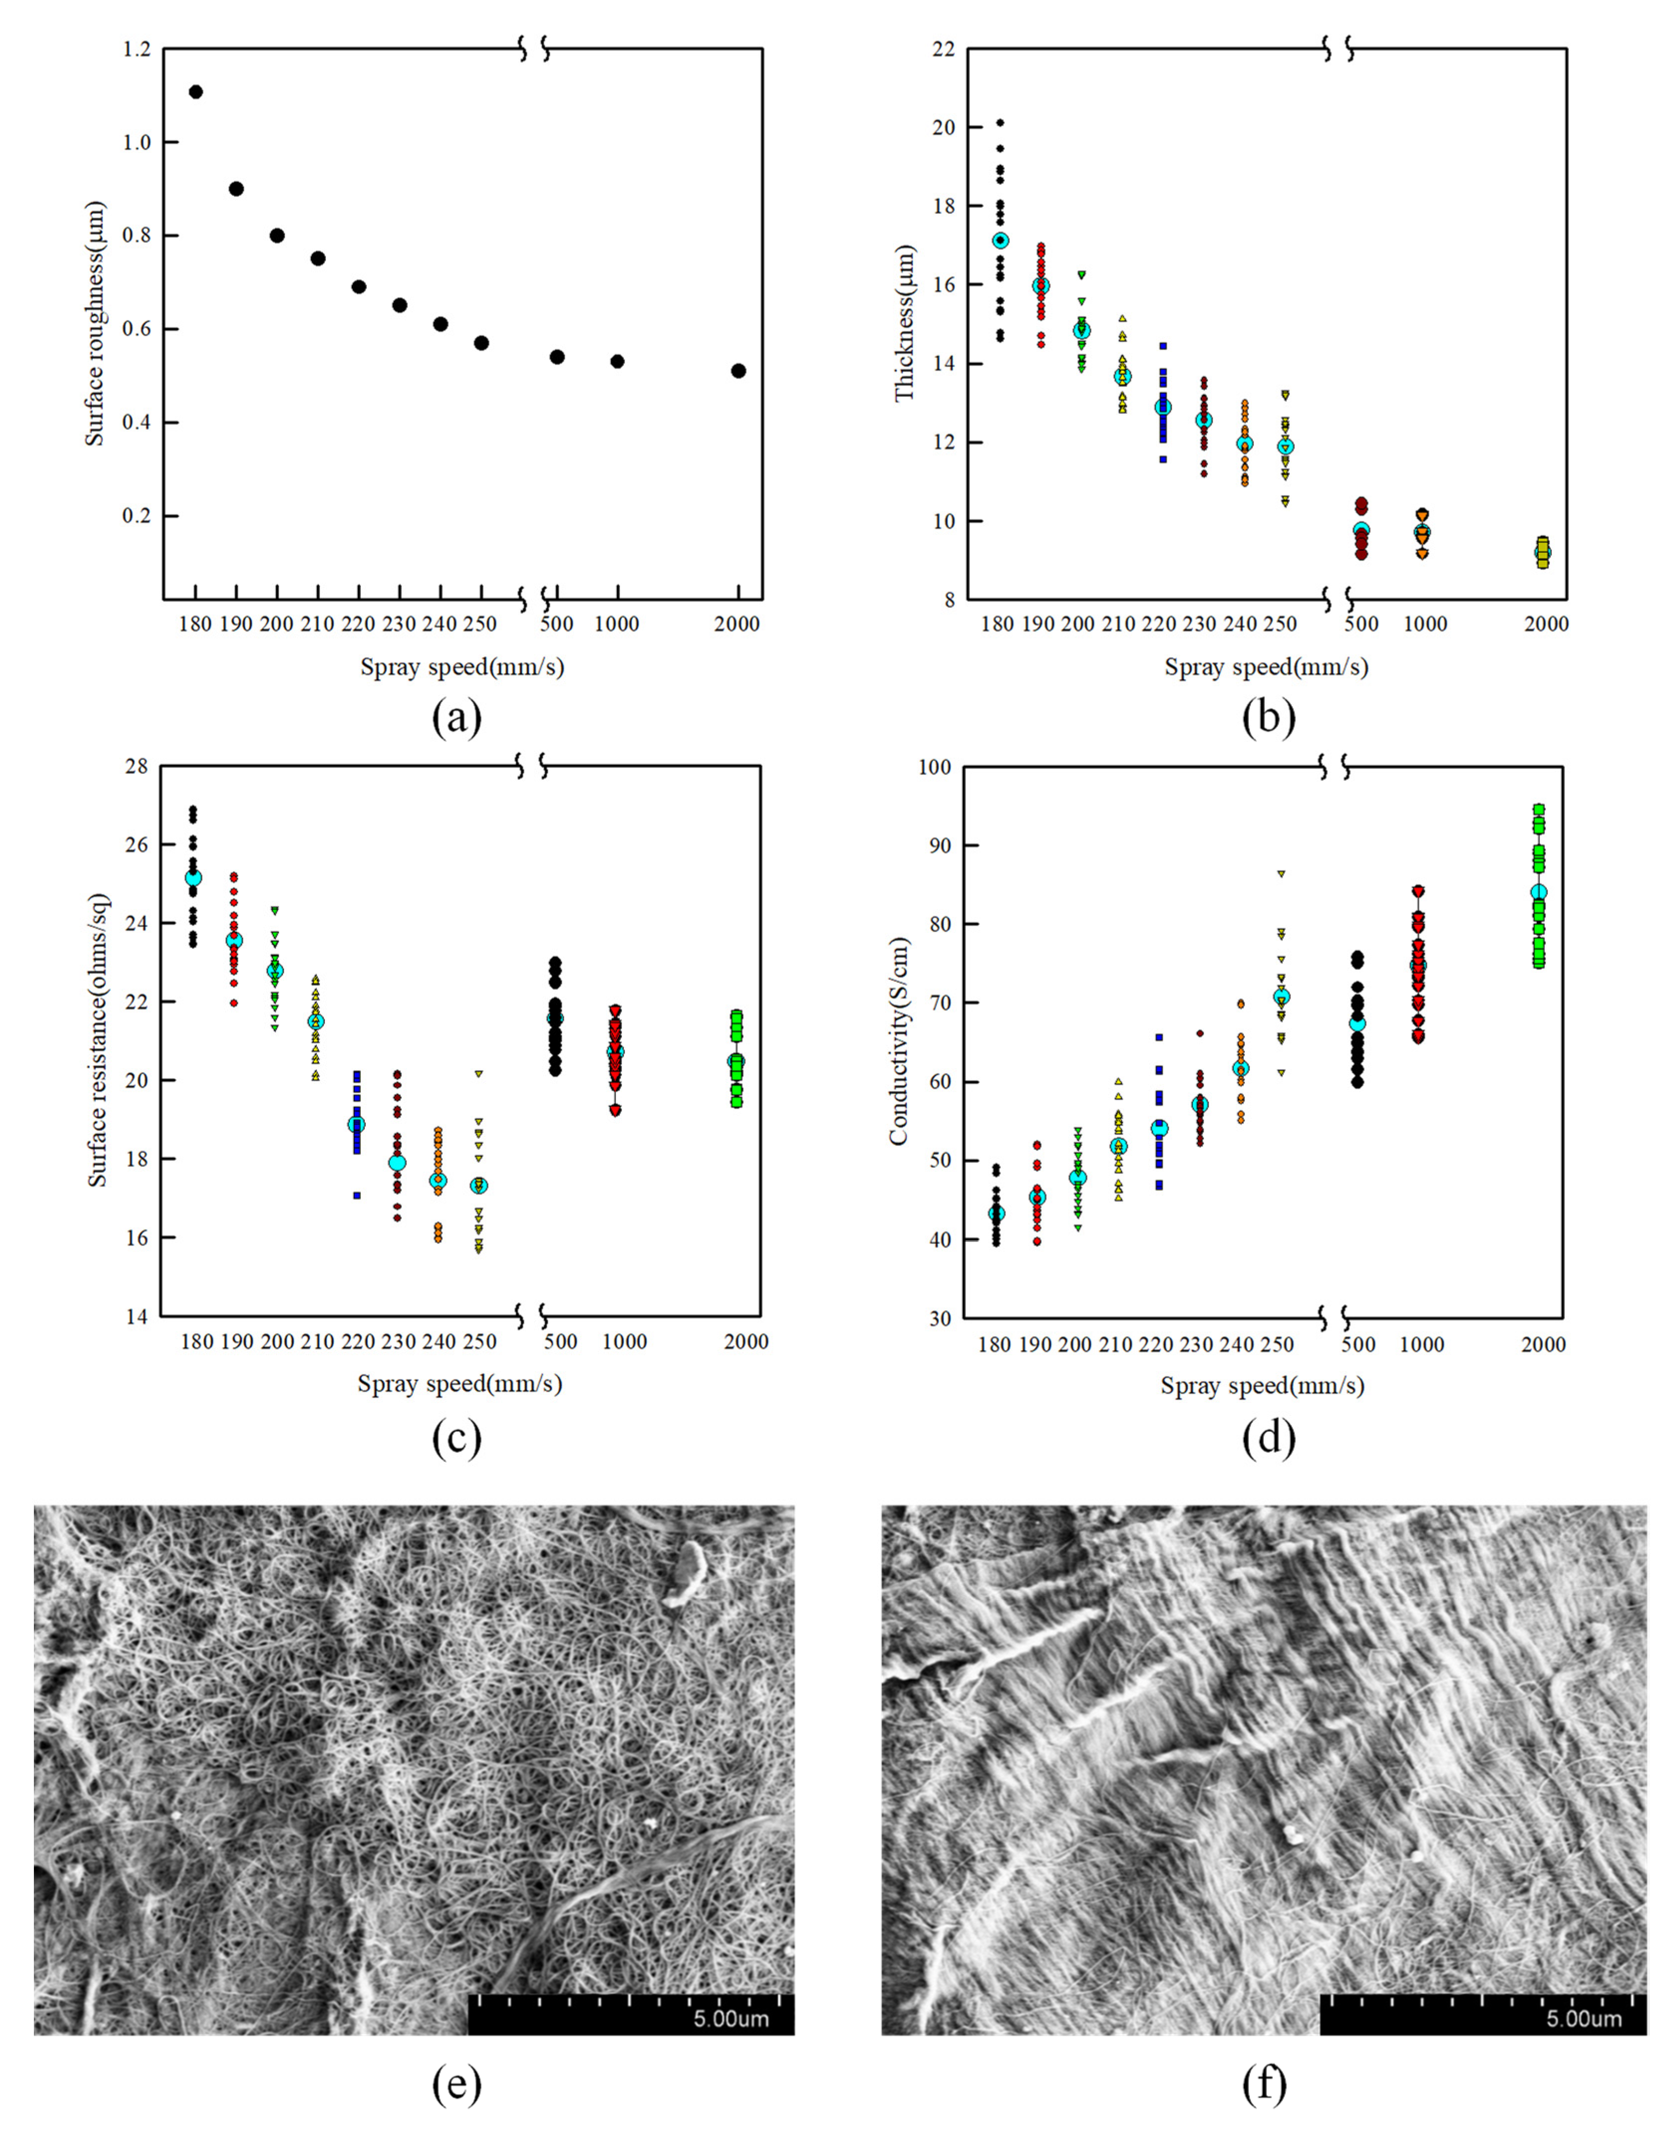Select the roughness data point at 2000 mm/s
(738, 371)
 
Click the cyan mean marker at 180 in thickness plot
(1000, 241)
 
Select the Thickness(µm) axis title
(904, 324)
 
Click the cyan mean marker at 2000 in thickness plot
(1542, 553)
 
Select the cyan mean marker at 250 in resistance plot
(478, 1186)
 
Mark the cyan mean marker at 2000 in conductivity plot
(1538, 892)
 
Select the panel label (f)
(1264, 2084)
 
